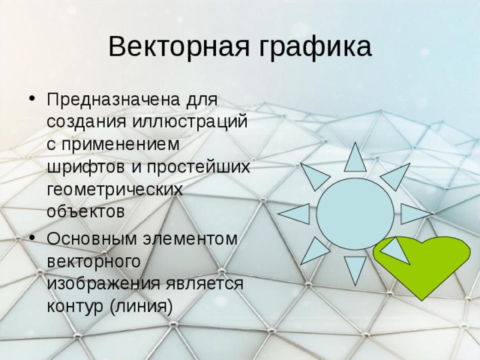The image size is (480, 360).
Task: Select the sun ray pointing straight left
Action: pos(295,214)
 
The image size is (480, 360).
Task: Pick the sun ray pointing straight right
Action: pos(415,214)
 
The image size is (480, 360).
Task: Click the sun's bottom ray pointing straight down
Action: pos(355,269)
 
